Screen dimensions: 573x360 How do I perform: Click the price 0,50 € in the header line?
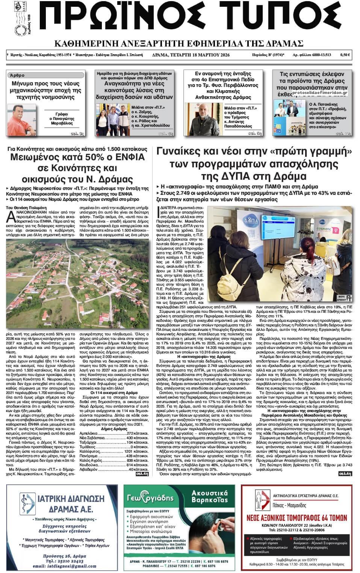tap(345, 55)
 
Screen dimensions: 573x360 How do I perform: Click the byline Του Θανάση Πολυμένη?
tap(26, 207)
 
